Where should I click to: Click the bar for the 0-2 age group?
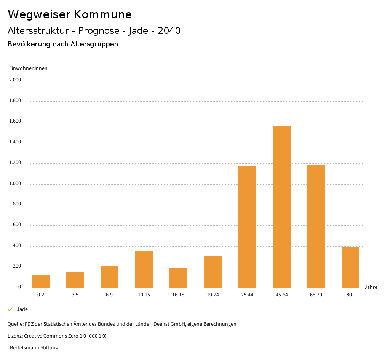pyautogui.click(x=41, y=281)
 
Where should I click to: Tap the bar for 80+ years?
pyautogui.click(x=350, y=267)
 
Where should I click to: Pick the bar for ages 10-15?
pyautogui.click(x=144, y=269)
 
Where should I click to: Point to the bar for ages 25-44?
pyautogui.click(x=247, y=227)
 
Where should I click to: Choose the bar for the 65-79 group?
pyautogui.click(x=316, y=226)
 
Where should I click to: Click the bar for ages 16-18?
pyautogui.click(x=178, y=278)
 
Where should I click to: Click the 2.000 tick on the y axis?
pyautogui.click(x=16, y=80)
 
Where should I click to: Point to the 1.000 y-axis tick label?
pyautogui.click(x=16, y=184)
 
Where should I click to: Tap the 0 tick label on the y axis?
pyautogui.click(x=19, y=287)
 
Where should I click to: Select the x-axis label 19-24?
pyautogui.click(x=213, y=295)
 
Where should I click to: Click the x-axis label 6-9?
pyautogui.click(x=109, y=295)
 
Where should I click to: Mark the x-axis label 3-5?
pyautogui.click(x=75, y=295)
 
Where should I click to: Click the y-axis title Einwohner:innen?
pyautogui.click(x=28, y=68)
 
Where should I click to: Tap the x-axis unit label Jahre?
pyautogui.click(x=371, y=287)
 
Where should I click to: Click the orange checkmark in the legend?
pyautogui.click(x=10, y=309)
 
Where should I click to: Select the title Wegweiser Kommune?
pyautogui.click(x=70, y=14)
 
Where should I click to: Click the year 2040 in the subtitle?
pyautogui.click(x=169, y=31)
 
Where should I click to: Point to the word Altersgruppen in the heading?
pyautogui.click(x=94, y=44)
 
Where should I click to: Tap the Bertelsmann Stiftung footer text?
pyautogui.click(x=34, y=348)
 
